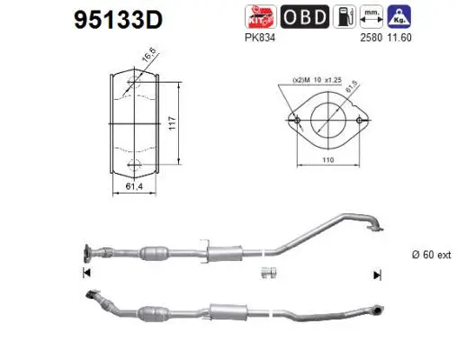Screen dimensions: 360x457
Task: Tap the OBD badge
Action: click(x=304, y=16)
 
